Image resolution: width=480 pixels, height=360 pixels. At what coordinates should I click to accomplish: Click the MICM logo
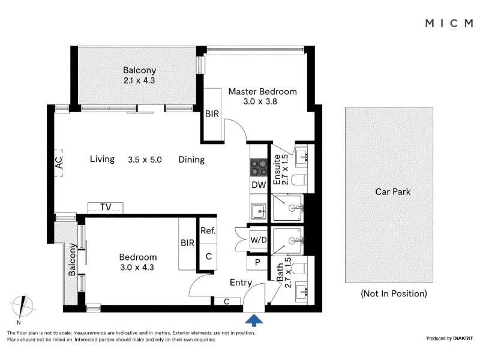[449, 23]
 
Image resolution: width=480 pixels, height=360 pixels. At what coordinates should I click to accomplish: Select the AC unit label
[58, 163]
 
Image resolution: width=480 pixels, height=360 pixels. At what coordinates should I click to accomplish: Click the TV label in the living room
[106, 207]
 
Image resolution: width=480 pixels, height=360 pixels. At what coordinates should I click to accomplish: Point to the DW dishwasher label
[259, 185]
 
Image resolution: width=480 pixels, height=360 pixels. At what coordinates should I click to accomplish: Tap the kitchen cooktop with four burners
[259, 168]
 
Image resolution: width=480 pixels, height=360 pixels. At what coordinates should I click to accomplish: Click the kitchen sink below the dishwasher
[259, 211]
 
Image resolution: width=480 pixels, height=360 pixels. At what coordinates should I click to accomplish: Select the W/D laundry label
[259, 240]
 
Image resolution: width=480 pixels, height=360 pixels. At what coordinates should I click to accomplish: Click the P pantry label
[257, 262]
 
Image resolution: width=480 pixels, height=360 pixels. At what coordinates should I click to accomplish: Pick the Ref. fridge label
[208, 230]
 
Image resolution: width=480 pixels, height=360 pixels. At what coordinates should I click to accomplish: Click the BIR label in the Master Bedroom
[212, 114]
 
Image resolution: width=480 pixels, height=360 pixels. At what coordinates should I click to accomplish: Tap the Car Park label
[393, 192]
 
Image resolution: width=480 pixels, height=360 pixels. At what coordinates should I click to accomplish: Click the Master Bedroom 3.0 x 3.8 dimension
[260, 101]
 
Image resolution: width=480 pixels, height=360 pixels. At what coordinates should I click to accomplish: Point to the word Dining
[191, 160]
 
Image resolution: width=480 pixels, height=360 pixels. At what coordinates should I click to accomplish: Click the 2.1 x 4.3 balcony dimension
[139, 80]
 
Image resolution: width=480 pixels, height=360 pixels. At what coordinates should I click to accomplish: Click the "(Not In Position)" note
[394, 293]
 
